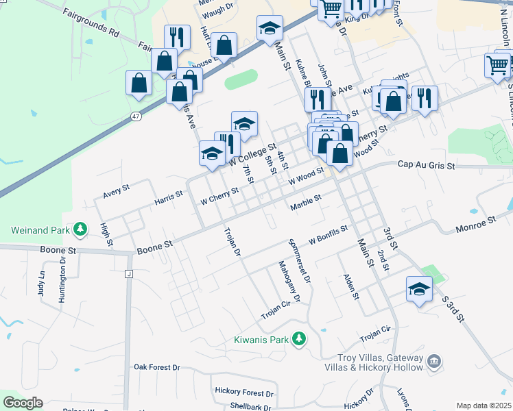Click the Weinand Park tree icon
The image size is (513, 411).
point(81,227)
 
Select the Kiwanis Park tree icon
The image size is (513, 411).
point(299,338)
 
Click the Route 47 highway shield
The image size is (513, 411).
point(136,116)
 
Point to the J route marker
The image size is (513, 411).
point(128,274)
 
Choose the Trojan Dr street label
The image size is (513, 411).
point(233,243)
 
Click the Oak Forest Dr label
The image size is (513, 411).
point(156,367)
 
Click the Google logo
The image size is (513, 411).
point(23,403)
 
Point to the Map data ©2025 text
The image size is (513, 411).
point(484,406)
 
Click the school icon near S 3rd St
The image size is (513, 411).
point(418,288)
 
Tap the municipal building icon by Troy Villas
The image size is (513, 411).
point(433,361)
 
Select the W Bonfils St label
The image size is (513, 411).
point(329,235)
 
